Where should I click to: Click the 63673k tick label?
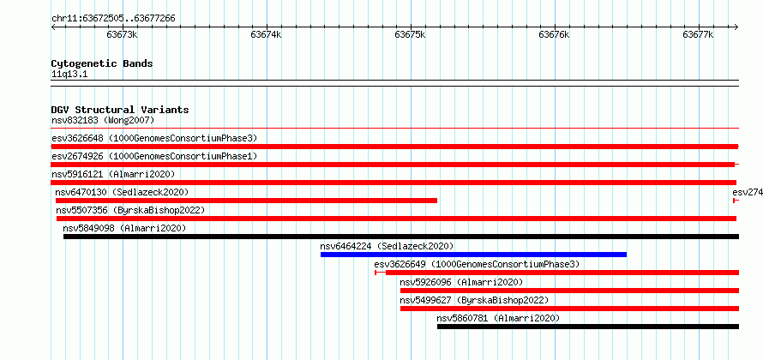[x=122, y=34]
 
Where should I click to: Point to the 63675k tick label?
[x=410, y=34]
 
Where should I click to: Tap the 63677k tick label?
[x=699, y=34]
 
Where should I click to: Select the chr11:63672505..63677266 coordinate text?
[x=113, y=19]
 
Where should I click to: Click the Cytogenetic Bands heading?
[x=102, y=63]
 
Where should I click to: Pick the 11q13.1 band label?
[x=69, y=75]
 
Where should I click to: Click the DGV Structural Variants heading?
[x=120, y=110]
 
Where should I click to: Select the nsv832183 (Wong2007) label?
[x=103, y=120]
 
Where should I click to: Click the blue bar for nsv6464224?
[x=473, y=255]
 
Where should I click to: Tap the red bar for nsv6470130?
[x=246, y=201]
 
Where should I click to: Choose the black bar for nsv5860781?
[x=588, y=327]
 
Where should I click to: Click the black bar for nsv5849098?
[x=401, y=237]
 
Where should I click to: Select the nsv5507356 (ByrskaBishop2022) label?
[x=130, y=210]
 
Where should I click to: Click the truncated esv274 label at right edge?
[x=748, y=192]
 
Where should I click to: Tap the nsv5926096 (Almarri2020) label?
[x=461, y=282]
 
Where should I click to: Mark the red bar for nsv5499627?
[x=570, y=309]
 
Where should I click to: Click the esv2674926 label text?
[x=77, y=156]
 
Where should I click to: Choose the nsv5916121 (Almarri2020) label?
[x=113, y=174]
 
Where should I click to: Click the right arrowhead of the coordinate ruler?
[x=736, y=27]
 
